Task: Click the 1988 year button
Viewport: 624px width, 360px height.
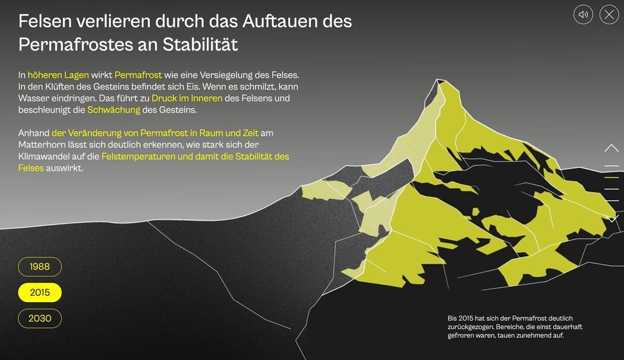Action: pyautogui.click(x=40, y=267)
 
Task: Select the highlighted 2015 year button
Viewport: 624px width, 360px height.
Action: pyautogui.click(x=40, y=292)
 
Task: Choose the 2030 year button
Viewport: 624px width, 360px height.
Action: pyautogui.click(x=40, y=318)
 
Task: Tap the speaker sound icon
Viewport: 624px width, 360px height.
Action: pyautogui.click(x=584, y=14)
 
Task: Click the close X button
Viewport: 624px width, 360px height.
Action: pyautogui.click(x=609, y=14)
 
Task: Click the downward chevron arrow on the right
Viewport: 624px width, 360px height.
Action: pyautogui.click(x=612, y=219)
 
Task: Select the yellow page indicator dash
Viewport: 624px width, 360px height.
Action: pyautogui.click(x=612, y=178)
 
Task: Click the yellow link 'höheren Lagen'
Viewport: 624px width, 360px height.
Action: pyautogui.click(x=58, y=75)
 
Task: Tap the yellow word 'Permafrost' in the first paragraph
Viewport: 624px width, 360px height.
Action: pyautogui.click(x=138, y=75)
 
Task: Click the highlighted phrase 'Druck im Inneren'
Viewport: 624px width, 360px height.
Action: pyautogui.click(x=187, y=98)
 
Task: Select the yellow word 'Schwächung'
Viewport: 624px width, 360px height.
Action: pyautogui.click(x=114, y=110)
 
